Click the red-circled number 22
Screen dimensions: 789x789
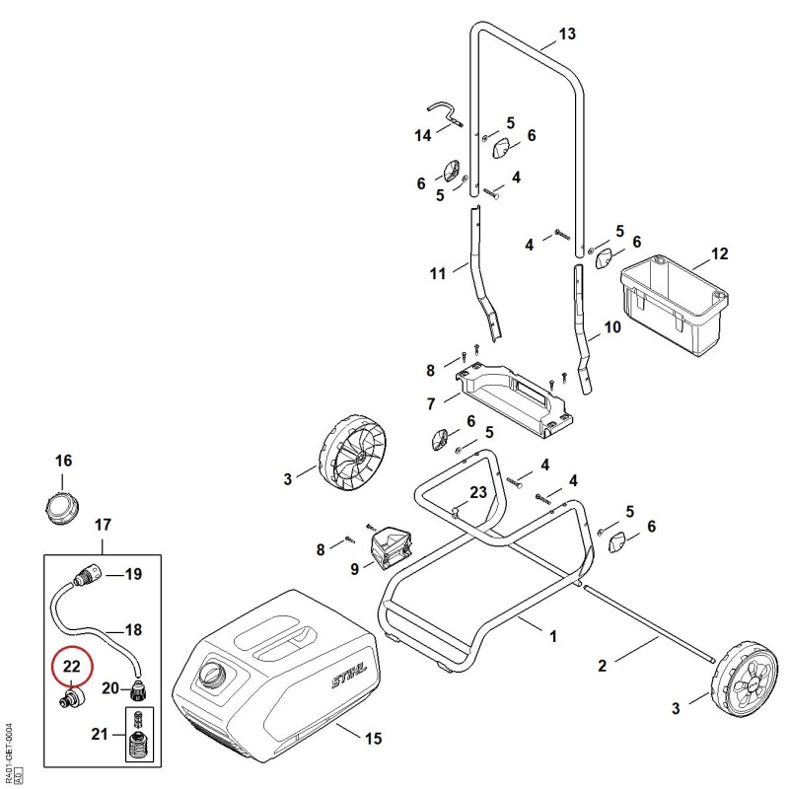(x=71, y=667)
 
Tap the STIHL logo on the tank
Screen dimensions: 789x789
(x=350, y=674)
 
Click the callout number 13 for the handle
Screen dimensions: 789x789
(x=566, y=34)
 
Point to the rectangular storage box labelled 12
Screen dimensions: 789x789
(x=675, y=305)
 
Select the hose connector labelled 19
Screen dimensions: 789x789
(x=90, y=575)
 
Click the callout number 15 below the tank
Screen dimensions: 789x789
(x=373, y=738)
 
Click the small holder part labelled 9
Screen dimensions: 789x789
(x=391, y=547)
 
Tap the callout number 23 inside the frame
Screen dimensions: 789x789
(x=478, y=491)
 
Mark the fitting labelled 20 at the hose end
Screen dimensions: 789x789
(x=136, y=689)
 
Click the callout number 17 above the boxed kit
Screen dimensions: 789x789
(x=103, y=525)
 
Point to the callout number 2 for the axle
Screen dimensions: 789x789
(x=603, y=666)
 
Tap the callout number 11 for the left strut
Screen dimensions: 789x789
(x=438, y=274)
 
